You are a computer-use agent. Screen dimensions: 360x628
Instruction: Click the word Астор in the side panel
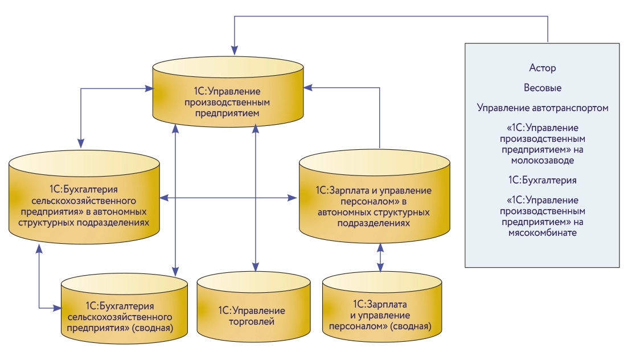[x=542, y=68]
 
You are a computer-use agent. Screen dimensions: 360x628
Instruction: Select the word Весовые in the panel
[x=542, y=88]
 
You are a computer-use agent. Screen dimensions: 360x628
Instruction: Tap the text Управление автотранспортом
[x=542, y=108]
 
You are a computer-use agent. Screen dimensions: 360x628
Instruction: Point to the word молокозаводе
[x=542, y=161]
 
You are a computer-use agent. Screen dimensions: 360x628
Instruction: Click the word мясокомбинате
[x=542, y=233]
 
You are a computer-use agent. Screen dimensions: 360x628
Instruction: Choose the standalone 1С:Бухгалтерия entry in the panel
[x=542, y=180]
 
